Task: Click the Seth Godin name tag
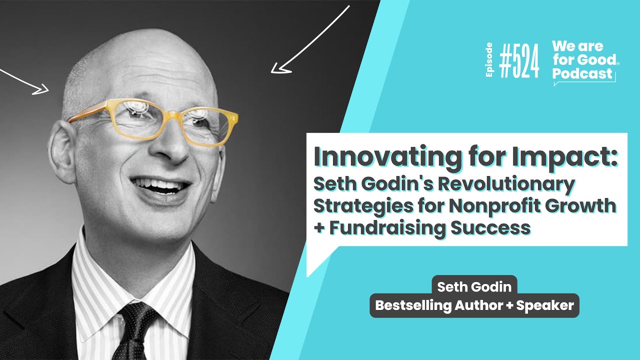474,286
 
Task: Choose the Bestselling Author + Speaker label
474,305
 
